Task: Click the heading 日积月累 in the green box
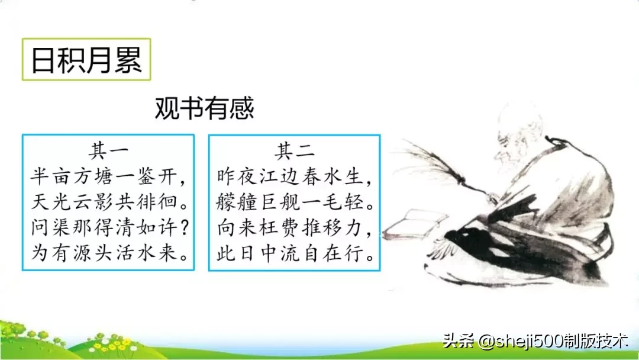coord(86,60)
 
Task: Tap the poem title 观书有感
coord(204,108)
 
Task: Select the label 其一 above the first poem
coord(108,150)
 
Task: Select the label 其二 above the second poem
coord(294,150)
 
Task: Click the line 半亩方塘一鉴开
coord(108,176)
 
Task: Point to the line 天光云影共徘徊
coord(108,202)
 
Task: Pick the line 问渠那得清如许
coord(108,229)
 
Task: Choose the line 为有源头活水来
coord(108,255)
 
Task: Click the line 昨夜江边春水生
coord(295,176)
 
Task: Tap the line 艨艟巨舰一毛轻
coord(295,202)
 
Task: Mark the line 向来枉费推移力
coord(295,229)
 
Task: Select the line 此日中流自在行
coord(295,255)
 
